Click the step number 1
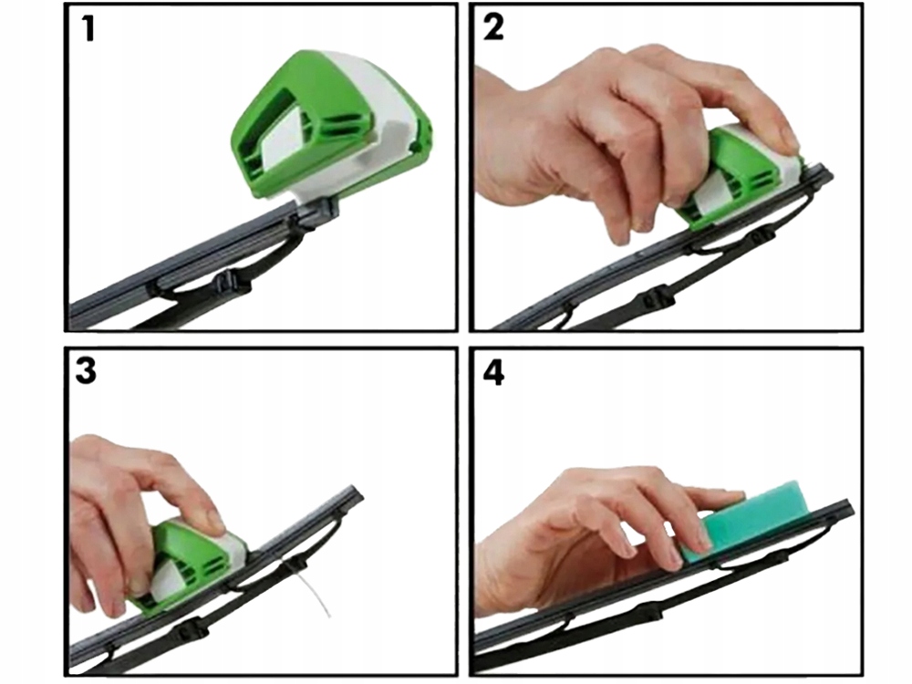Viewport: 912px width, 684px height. click(88, 30)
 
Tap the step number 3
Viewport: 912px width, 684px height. click(88, 372)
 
